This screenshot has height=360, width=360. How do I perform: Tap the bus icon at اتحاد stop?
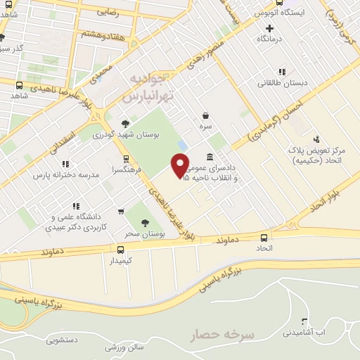click(x=264, y=238)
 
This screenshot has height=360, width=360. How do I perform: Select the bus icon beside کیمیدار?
click(x=121, y=250)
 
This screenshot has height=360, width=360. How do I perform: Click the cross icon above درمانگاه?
click(x=269, y=27)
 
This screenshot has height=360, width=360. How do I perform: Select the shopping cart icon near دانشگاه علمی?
click(x=121, y=210)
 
